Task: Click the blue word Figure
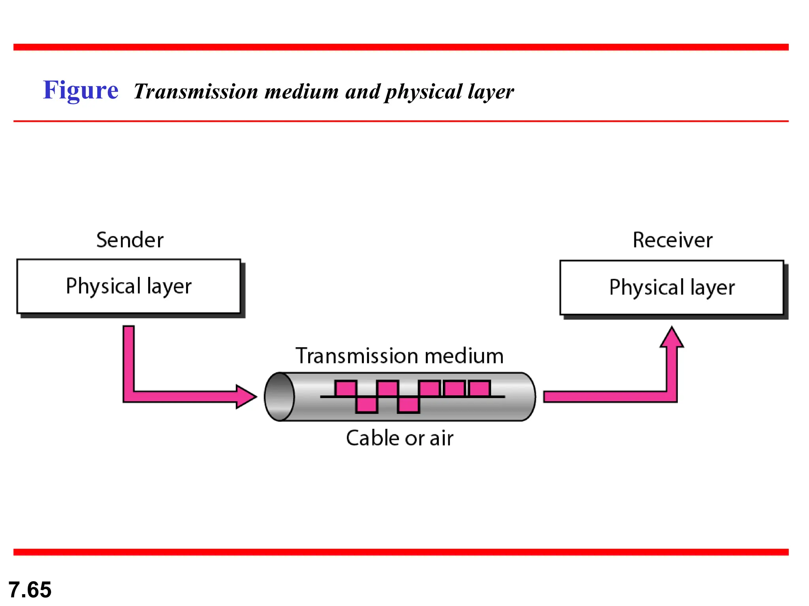coord(81,90)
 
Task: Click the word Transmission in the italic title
coord(196,92)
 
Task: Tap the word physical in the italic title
coord(423,92)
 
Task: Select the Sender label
coord(130,240)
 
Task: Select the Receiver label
coord(672,240)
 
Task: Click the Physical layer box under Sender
coord(129,286)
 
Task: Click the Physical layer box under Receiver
coord(672,288)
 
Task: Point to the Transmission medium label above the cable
coord(399,356)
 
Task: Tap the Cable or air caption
coord(399,438)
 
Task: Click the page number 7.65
coord(30,589)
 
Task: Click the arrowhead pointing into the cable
coord(246,397)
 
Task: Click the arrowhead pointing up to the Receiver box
coord(672,338)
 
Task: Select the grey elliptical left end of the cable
coord(279,397)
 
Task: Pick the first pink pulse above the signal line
coord(346,389)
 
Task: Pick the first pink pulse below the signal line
coord(367,405)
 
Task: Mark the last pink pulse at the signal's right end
coord(480,389)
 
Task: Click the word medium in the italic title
coord(301,92)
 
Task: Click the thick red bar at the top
coord(401,47)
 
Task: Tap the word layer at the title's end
coord(491,92)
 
